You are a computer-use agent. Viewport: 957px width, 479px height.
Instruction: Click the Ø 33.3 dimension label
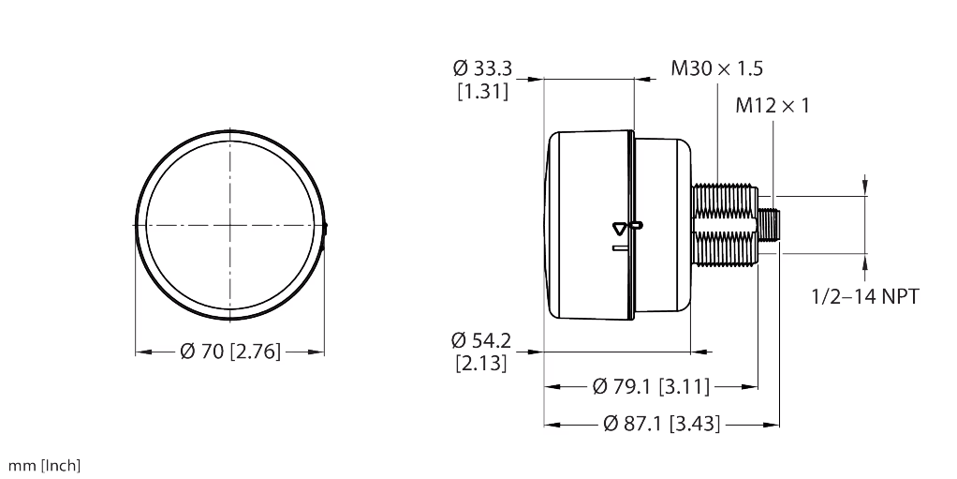(x=482, y=68)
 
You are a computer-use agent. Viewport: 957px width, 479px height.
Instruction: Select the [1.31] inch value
(x=482, y=92)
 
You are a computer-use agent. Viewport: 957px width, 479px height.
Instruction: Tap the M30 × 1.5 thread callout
(x=716, y=68)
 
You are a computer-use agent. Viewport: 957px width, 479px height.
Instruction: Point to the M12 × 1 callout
(x=773, y=106)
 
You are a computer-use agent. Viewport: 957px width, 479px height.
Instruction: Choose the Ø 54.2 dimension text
(x=481, y=338)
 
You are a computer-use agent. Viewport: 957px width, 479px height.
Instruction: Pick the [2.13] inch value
(x=481, y=363)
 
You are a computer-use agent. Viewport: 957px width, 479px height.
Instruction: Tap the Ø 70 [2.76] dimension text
(x=230, y=352)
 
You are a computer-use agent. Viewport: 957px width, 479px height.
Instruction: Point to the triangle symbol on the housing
(x=619, y=227)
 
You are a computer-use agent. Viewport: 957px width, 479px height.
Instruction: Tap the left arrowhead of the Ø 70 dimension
(x=142, y=352)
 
